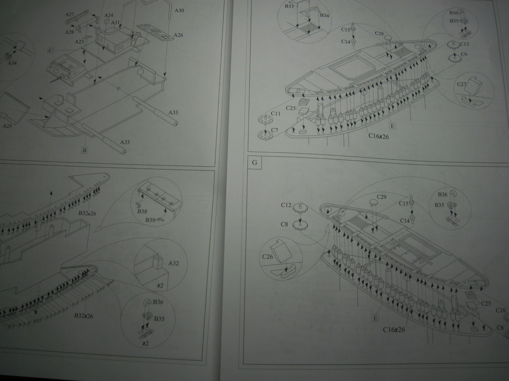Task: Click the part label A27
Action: [70, 15]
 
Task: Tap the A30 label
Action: [179, 11]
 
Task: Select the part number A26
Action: [178, 35]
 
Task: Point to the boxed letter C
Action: [51, 51]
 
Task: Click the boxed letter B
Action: [84, 150]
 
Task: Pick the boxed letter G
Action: [254, 163]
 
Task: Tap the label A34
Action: [12, 63]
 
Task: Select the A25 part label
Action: [7, 126]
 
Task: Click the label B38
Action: [142, 211]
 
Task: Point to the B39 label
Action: [151, 220]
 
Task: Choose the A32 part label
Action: [173, 263]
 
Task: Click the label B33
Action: [289, 6]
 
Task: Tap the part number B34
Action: [324, 16]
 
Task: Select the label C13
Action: [464, 44]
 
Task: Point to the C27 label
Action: [461, 85]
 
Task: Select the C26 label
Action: [267, 257]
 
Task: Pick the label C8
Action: [284, 224]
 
